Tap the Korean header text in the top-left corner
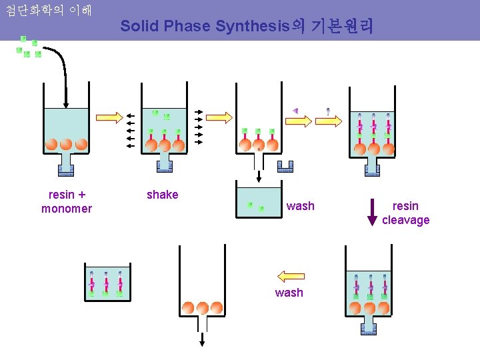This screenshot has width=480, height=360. (48, 11)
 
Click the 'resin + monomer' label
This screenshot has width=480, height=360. (67, 201)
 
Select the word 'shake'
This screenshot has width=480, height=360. (163, 195)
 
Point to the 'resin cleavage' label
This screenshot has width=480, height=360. (405, 213)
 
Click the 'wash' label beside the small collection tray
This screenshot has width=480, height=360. (300, 206)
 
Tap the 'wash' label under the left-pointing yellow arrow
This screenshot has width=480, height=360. (289, 293)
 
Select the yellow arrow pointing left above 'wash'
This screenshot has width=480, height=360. (291, 276)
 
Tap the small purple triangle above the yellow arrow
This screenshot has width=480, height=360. (295, 110)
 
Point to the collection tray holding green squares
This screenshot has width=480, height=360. (259, 203)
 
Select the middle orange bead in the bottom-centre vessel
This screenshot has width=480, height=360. (202, 308)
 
